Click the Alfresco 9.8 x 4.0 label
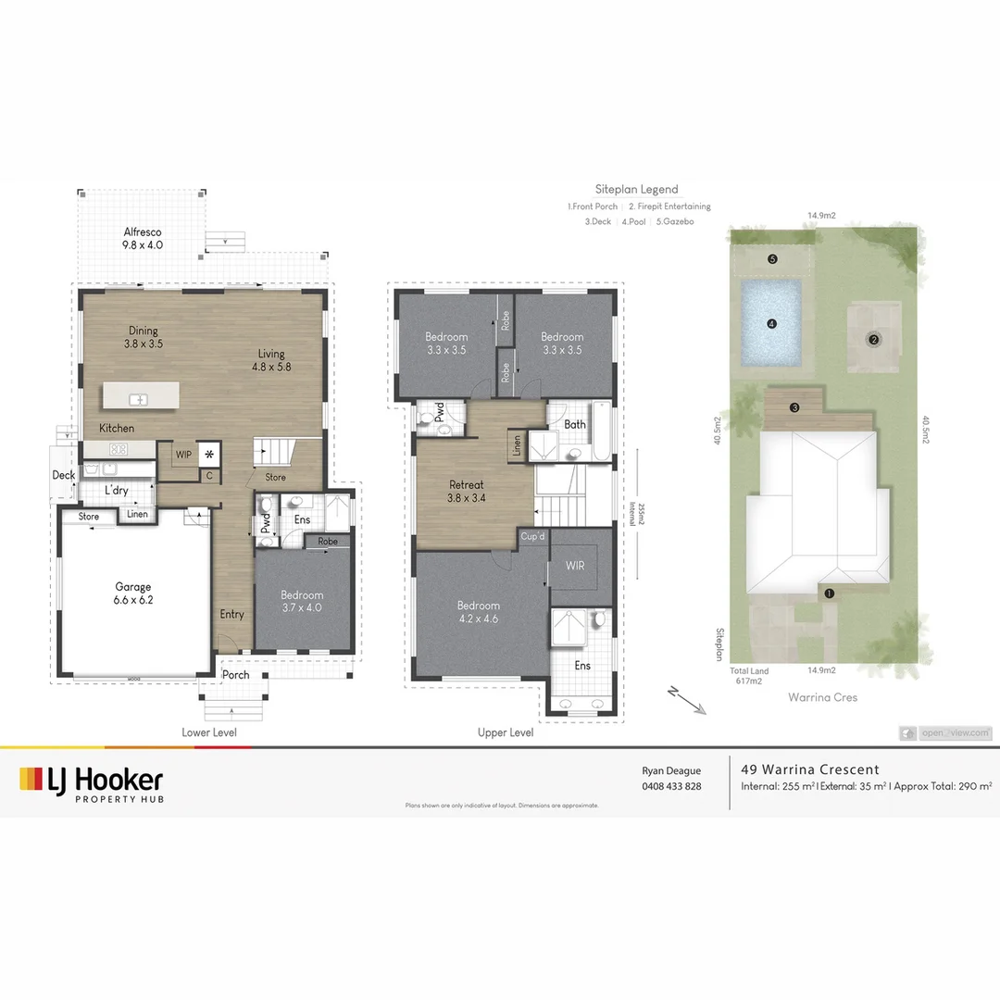tap(143, 239)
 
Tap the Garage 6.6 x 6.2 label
tap(133, 594)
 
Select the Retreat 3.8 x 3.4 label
tap(467, 492)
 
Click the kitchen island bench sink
tap(138, 399)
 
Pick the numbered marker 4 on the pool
tap(770, 323)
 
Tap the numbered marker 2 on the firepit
tap(873, 339)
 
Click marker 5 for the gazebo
tap(772, 259)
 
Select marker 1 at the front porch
tap(829, 593)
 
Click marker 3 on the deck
tap(794, 407)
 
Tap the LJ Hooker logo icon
tap(31, 779)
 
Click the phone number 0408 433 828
tap(671, 786)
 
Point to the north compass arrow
tap(686, 701)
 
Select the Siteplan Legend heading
tap(636, 189)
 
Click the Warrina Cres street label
tap(821, 697)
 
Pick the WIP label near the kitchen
tap(183, 454)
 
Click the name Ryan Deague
tap(671, 770)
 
